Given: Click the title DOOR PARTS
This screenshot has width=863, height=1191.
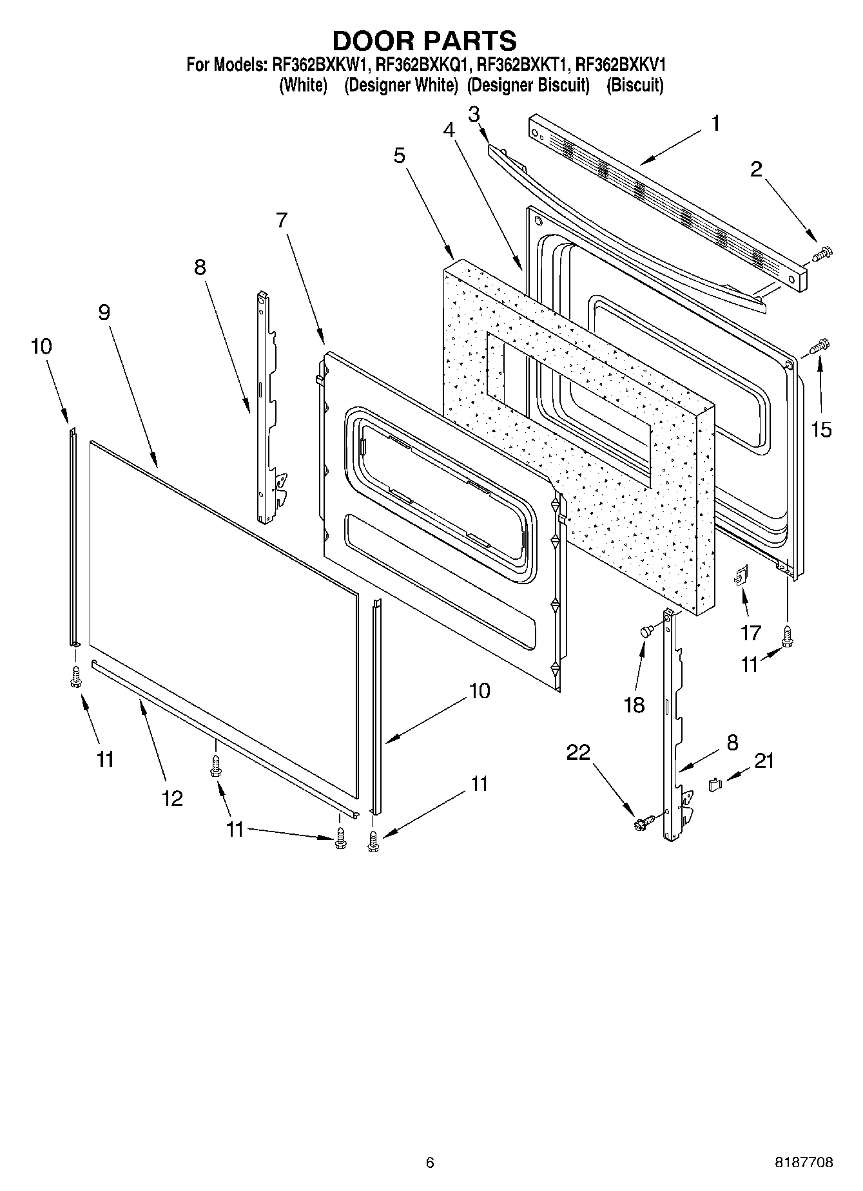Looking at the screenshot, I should coord(424,41).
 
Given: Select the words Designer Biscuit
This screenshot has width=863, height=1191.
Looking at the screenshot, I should coord(528,86).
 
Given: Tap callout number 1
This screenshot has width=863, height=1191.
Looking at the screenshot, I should coord(715,123).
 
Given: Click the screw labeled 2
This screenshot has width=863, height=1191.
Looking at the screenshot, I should coord(822,253).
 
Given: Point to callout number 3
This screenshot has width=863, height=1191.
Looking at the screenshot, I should coord(474,115).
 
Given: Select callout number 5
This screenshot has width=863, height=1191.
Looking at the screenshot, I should coord(400,155).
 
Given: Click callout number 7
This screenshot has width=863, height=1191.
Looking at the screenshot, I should coord(282,220).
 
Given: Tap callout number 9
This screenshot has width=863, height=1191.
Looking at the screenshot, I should coord(104,312).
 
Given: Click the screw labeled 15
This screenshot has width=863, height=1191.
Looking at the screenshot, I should coord(820,347).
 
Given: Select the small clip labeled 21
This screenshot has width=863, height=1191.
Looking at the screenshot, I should coord(714,784).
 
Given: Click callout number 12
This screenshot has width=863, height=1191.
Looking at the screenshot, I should coord(173,798).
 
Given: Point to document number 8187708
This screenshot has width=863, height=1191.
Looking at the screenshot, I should coord(803,1163).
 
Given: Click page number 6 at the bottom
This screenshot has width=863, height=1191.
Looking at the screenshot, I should coord(430,1163).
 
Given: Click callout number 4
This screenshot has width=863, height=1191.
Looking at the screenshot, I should coord(449,129).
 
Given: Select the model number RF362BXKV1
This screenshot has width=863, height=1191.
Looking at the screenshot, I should coord(620,65).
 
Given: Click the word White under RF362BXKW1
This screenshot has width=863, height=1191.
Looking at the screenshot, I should coord(303,86).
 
